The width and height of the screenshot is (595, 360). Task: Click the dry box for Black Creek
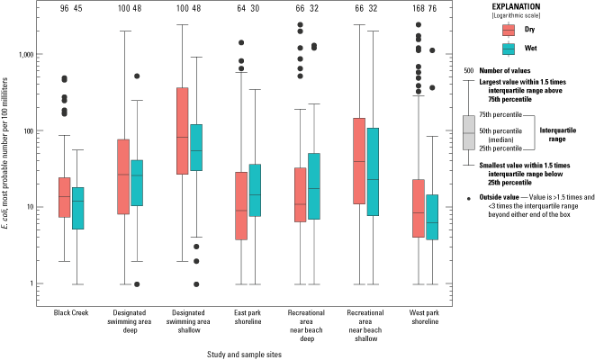64,197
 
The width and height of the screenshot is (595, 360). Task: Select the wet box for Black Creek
78,208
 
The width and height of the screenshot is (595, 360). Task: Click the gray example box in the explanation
468,132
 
